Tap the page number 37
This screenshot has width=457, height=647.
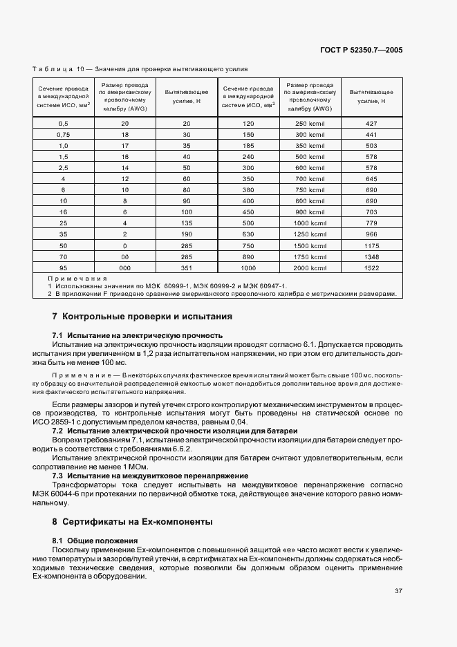(x=398, y=591)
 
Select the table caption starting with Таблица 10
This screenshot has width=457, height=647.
(x=140, y=69)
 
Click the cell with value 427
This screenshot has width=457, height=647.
(x=371, y=122)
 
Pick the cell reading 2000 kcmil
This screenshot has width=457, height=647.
(x=310, y=268)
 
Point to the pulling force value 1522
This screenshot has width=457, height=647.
(x=371, y=268)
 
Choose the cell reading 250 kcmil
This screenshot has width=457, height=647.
(x=310, y=122)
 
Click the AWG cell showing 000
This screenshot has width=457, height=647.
(x=125, y=268)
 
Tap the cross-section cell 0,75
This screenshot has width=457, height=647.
(x=63, y=133)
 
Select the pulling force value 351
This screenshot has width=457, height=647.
(x=186, y=268)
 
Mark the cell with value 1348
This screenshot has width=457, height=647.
(x=371, y=256)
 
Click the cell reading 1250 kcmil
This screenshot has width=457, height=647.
(x=310, y=234)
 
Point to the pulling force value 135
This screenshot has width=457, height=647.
(x=186, y=223)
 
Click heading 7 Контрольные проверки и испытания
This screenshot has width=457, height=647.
(x=142, y=317)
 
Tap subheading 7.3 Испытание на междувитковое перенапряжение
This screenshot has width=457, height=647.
(x=150, y=476)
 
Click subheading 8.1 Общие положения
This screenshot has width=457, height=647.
(x=95, y=540)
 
